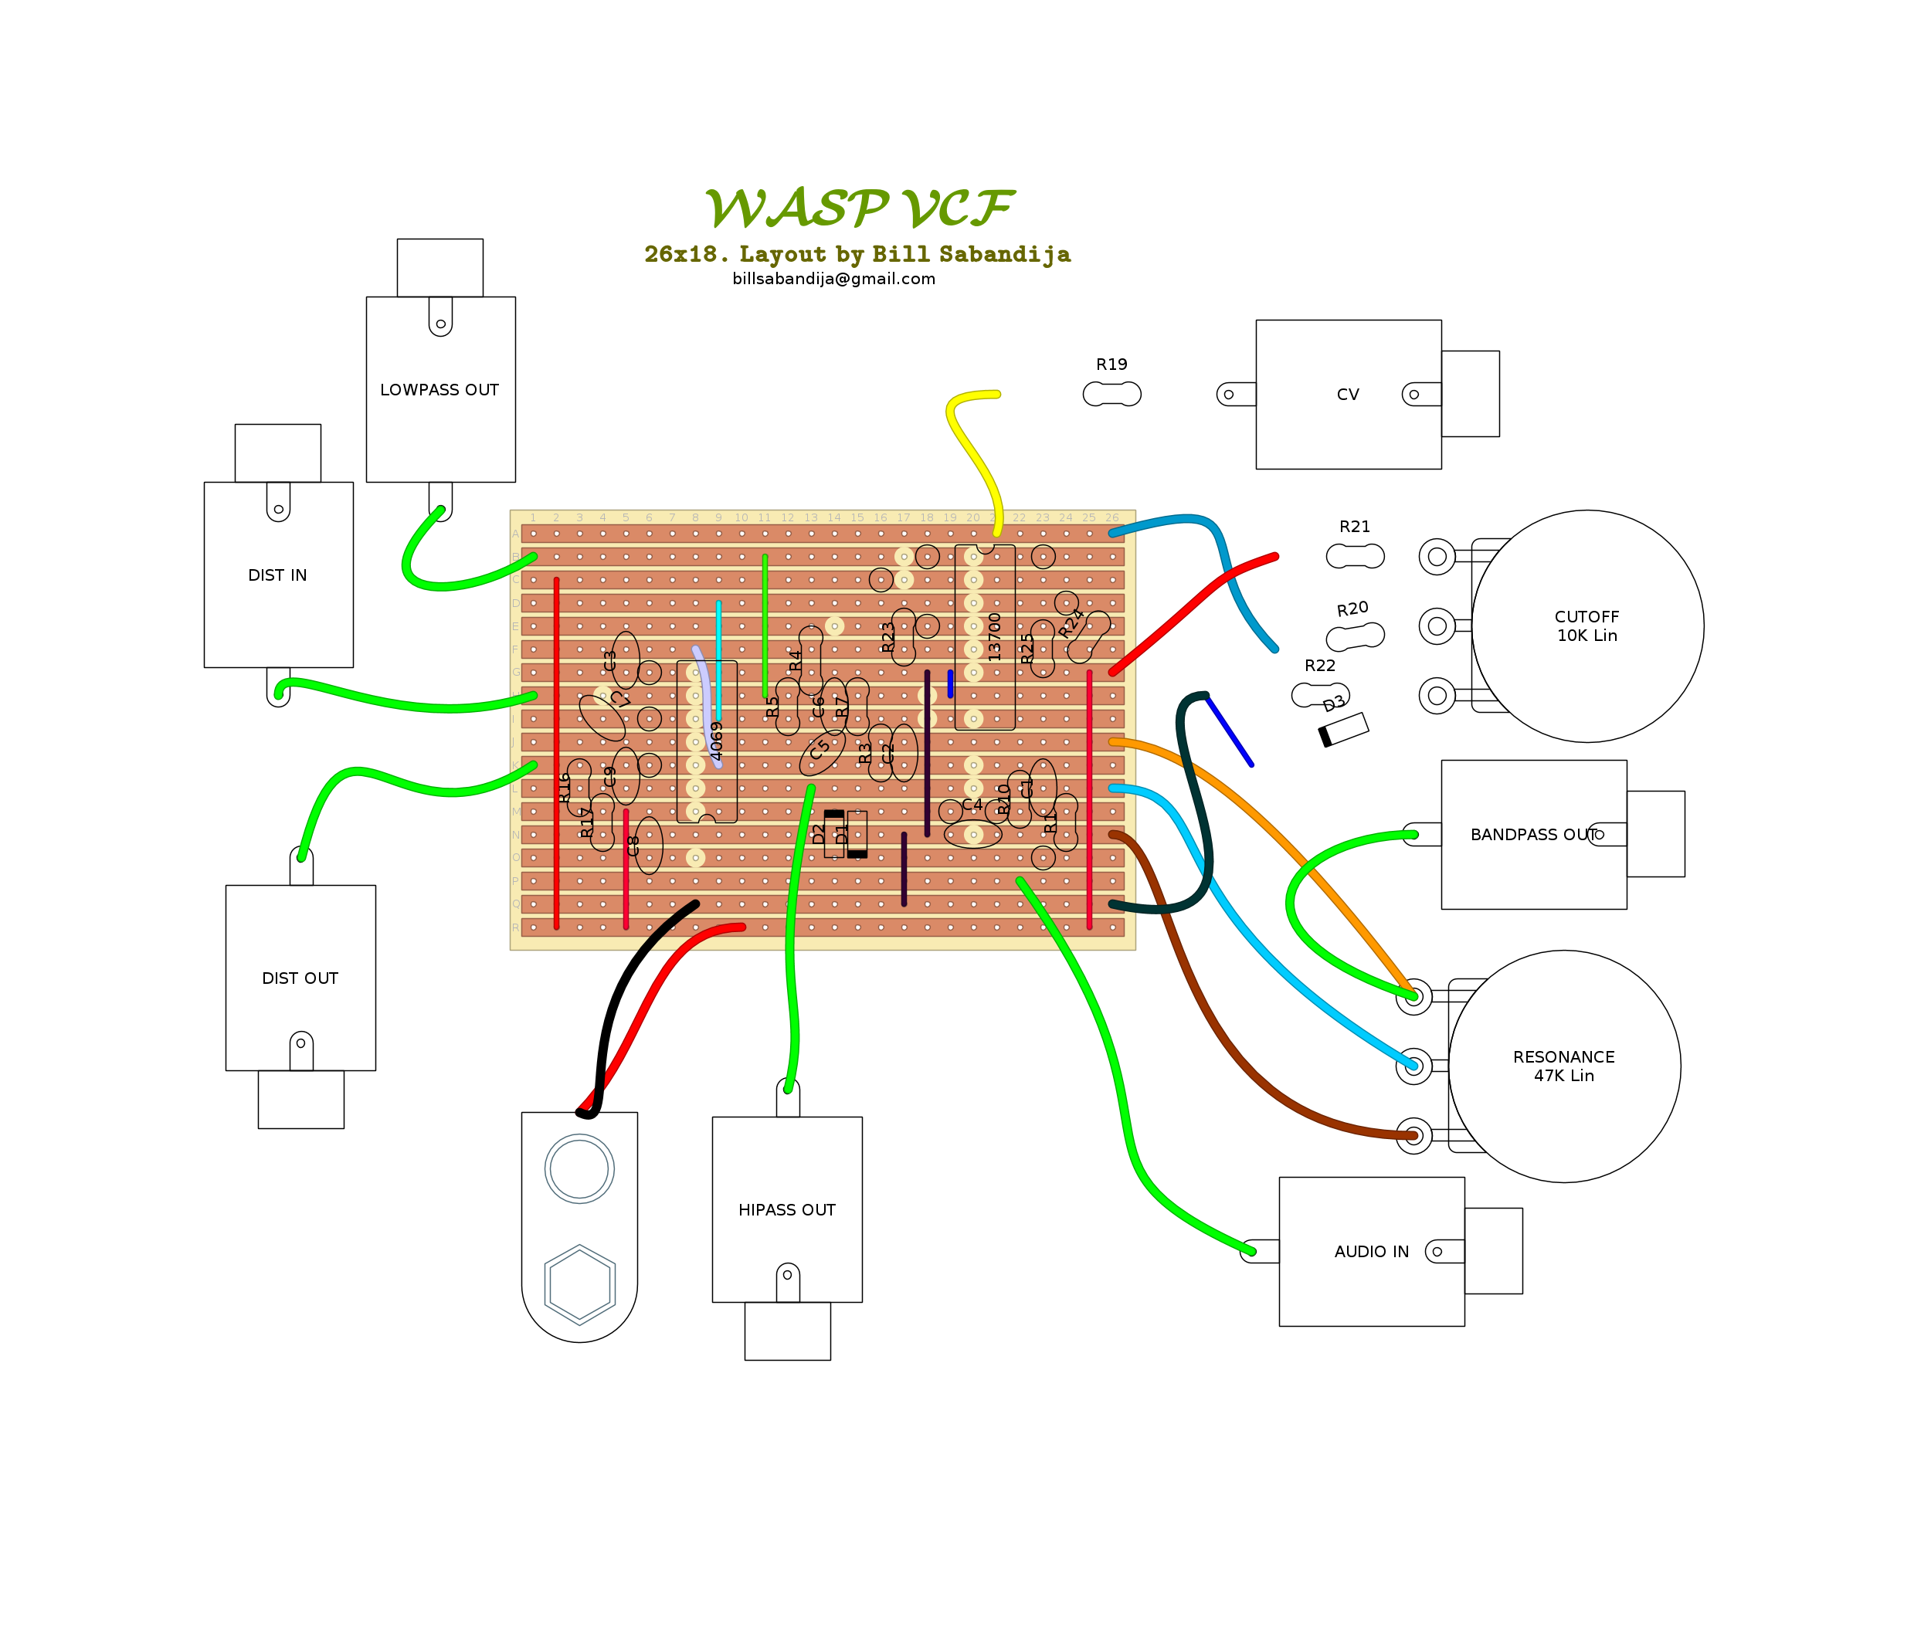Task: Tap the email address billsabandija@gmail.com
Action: [x=833, y=279]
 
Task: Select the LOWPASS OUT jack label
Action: [x=439, y=390]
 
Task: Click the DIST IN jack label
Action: [x=277, y=575]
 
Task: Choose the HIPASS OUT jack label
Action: [x=786, y=1210]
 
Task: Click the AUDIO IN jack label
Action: [x=1371, y=1251]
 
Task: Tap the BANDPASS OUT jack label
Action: [x=1533, y=835]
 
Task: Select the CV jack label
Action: [x=1348, y=395]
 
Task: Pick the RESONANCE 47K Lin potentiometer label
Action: [x=1563, y=1066]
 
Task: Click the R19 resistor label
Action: [x=1111, y=364]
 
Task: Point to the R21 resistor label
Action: [x=1354, y=527]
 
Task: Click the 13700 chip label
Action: [x=994, y=637]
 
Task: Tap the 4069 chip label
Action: [x=716, y=741]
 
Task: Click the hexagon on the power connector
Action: [x=579, y=1284]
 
